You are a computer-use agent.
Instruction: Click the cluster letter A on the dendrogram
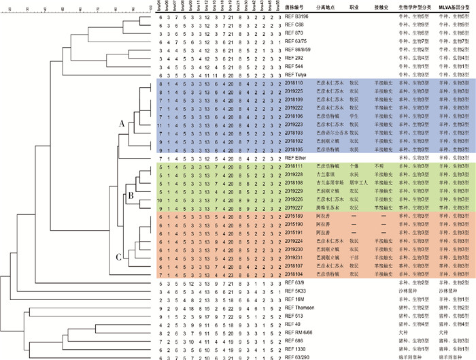tap(121, 124)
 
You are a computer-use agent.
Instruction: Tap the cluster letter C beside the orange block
tap(118, 257)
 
